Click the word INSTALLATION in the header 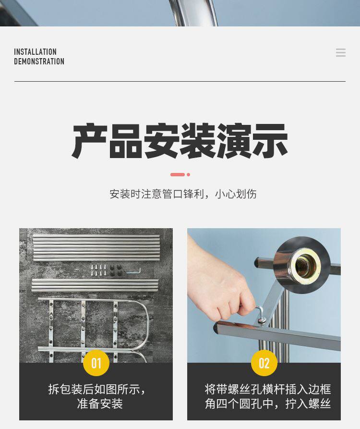35,52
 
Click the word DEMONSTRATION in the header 39,61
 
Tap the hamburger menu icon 341,52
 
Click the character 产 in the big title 89,141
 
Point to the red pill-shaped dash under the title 178,174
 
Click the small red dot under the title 188,174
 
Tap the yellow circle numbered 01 96,363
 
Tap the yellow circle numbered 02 264,363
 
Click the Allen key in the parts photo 133,271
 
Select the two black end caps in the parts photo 116,270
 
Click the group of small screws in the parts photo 99,270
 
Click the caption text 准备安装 100,404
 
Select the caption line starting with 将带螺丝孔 268,389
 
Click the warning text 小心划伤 236,194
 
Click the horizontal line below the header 180,81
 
